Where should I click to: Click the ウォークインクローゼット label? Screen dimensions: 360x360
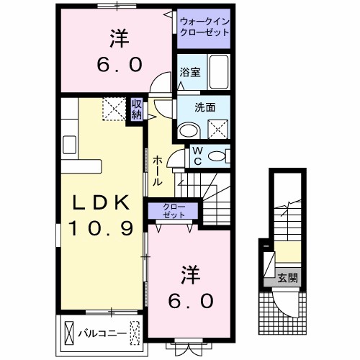204,27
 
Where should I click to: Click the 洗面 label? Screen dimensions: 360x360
205,107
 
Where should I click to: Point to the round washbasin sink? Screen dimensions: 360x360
189,130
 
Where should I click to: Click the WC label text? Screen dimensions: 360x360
195,156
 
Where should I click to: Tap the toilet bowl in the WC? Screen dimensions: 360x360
219,156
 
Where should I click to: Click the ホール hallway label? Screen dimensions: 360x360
157,173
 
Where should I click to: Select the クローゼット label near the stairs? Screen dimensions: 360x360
172,212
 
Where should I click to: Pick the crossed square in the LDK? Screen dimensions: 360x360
112,109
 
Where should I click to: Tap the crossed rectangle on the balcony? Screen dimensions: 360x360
69,332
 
